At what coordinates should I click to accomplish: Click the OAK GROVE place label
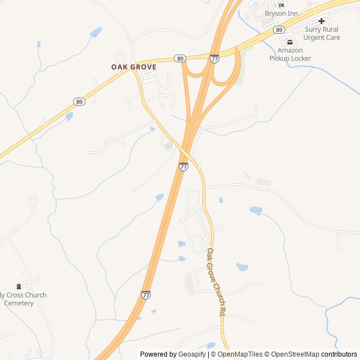(x=133, y=66)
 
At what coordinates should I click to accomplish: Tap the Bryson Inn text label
(x=282, y=13)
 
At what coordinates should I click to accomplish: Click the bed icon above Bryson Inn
(x=282, y=4)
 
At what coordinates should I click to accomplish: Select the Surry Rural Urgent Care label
(x=322, y=33)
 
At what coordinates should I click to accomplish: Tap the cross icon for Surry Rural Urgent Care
(x=322, y=21)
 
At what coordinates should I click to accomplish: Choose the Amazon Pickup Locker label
(x=290, y=54)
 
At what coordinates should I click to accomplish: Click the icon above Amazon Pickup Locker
(x=290, y=42)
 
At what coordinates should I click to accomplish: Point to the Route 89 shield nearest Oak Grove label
(x=179, y=58)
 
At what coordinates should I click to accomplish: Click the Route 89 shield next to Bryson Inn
(x=278, y=29)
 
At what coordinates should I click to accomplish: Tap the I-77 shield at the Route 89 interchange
(x=214, y=58)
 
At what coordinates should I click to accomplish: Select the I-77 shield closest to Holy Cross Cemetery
(x=146, y=295)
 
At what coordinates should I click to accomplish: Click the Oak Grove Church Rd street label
(x=216, y=282)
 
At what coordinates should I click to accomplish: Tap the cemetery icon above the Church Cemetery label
(x=19, y=286)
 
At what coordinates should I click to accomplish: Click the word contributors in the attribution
(x=339, y=354)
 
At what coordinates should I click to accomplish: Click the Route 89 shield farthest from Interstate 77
(x=79, y=102)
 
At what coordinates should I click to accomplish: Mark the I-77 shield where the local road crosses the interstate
(x=183, y=166)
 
